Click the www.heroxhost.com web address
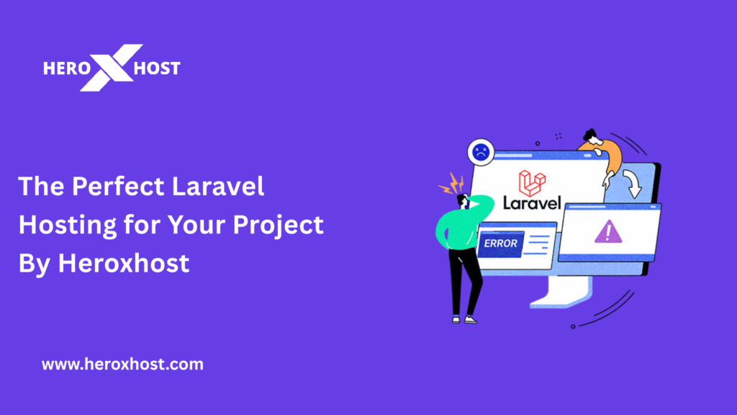tap(122, 365)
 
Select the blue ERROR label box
tap(500, 244)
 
